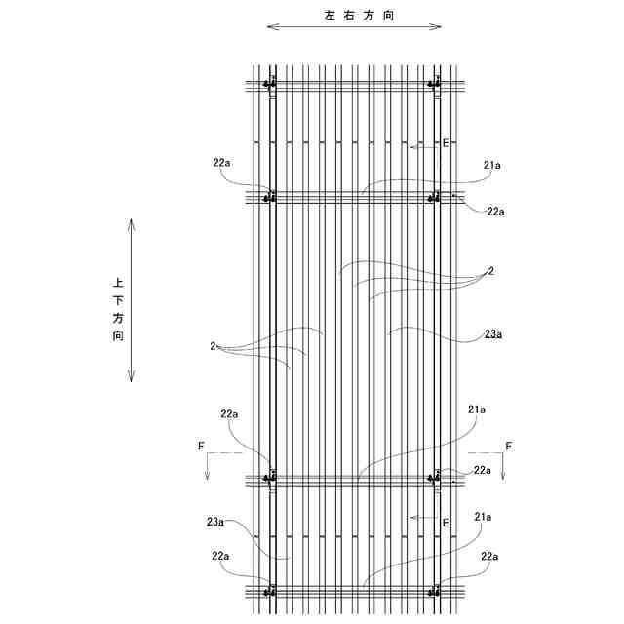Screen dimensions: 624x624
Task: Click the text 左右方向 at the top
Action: coord(353,15)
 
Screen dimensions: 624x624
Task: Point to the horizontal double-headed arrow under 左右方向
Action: coord(353,28)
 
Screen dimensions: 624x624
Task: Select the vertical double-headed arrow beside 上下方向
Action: coord(132,301)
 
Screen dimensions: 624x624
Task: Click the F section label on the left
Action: coord(201,446)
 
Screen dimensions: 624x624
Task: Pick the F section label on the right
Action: coord(508,446)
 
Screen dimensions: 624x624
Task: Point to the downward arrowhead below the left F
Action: coord(208,474)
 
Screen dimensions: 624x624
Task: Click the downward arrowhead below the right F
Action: coord(502,474)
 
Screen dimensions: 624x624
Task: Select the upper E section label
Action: coord(446,143)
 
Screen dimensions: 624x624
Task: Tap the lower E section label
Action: coord(446,523)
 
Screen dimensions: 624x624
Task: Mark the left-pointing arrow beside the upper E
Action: coord(422,148)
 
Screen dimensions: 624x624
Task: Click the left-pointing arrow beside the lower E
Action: coord(422,517)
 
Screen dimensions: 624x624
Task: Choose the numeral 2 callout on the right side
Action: coord(490,271)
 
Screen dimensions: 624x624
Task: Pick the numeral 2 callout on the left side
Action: coord(212,345)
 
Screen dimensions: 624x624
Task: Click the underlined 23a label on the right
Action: coord(493,334)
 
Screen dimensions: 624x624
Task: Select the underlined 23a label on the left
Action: coord(216,522)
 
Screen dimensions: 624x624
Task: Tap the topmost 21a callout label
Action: coord(491,166)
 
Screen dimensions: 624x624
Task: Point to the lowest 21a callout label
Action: coord(484,516)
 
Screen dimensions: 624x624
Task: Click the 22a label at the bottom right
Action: coord(489,555)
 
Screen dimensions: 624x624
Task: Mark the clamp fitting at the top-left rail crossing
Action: coord(271,84)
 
